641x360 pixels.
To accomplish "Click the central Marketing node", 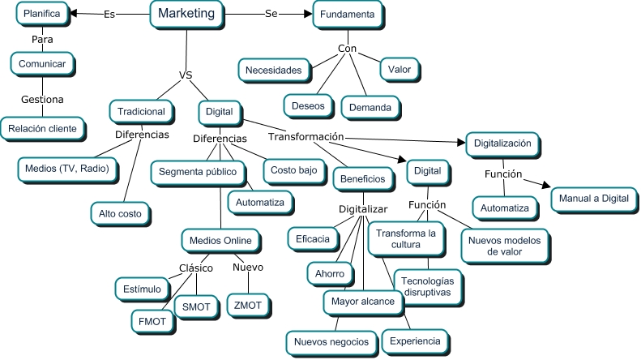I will click(x=186, y=14).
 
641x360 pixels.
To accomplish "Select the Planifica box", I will click(x=41, y=14).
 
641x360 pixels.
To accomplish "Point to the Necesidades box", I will click(x=274, y=70).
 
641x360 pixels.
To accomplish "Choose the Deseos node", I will click(x=307, y=105).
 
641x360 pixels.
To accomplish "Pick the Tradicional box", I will click(x=141, y=111).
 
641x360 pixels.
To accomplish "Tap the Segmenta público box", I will click(x=197, y=172).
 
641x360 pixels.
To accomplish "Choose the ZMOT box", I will click(x=248, y=305).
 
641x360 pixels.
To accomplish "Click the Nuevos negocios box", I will click(x=331, y=341).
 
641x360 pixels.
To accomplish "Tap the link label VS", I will click(x=185, y=76).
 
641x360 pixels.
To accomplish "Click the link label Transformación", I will click(x=306, y=136).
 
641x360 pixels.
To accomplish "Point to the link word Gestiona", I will click(x=42, y=99).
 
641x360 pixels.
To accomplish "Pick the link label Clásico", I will click(x=195, y=268).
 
